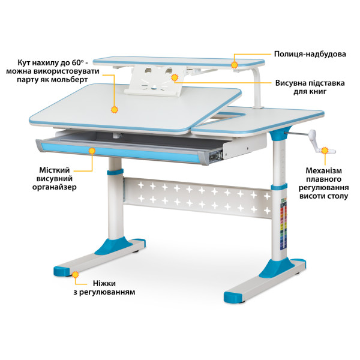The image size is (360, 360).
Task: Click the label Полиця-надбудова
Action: pos(310,54)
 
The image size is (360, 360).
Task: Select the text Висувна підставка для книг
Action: pos(310,87)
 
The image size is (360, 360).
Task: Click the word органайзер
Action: pos(54,187)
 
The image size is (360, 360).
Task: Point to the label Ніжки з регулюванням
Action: pos(104,287)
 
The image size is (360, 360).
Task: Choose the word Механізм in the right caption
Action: pos(323,170)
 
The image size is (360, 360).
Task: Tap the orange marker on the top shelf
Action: pos(235,65)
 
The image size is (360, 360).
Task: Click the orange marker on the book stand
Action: pos(175,77)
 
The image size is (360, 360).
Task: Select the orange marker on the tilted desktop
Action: pos(114,110)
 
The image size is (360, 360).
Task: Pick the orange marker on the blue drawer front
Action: pos(92,151)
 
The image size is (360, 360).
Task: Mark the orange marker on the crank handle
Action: pos(325,151)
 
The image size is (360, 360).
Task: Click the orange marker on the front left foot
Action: pos(76,275)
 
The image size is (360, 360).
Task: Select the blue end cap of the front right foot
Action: pos(233,297)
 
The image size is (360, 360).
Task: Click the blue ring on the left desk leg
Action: pos(115,172)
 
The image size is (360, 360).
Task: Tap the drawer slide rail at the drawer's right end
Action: pos(216,155)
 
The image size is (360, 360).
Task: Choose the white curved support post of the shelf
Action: pos(257,87)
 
